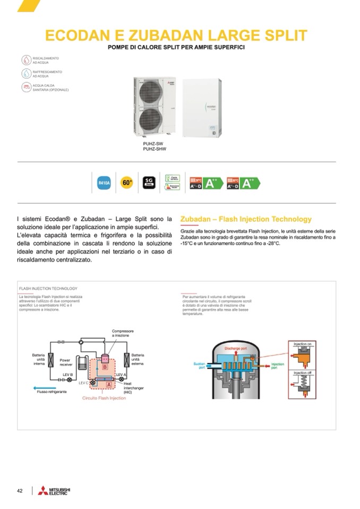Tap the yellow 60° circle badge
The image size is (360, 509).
point(126,183)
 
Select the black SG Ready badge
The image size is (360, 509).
point(149,183)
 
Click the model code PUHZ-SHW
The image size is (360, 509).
point(155,149)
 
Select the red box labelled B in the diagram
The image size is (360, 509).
point(105,366)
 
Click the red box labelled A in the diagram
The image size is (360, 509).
point(108,383)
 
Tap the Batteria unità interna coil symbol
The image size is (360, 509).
point(52,360)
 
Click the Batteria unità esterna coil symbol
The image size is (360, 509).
point(127,360)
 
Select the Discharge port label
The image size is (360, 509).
point(236,349)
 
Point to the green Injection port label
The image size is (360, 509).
point(278,366)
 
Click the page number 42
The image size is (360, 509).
point(20,490)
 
